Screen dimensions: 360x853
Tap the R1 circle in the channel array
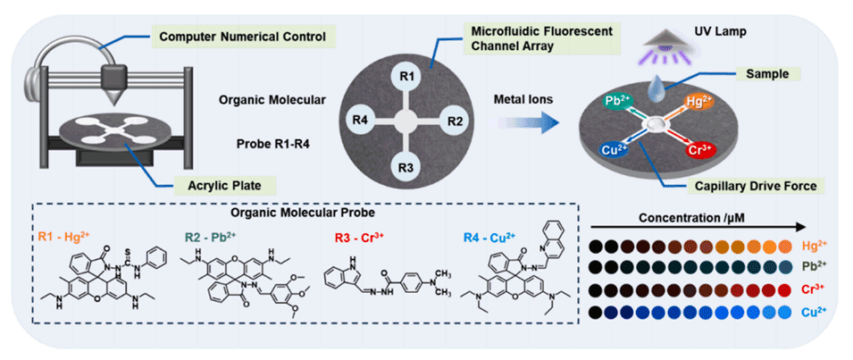pos(405,78)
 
